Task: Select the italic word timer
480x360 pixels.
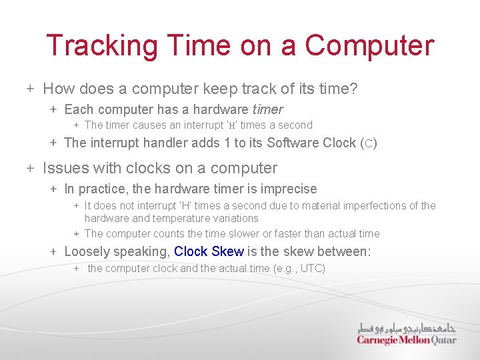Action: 267,109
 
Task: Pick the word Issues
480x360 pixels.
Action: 62,168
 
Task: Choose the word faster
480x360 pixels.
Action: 291,233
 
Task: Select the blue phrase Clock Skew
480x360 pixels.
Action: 209,251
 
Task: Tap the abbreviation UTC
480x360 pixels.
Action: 311,268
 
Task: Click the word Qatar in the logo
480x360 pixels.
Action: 443,340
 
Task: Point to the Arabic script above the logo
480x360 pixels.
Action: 407,327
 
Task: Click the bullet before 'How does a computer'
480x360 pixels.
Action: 31,89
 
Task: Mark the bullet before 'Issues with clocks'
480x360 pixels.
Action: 31,168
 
